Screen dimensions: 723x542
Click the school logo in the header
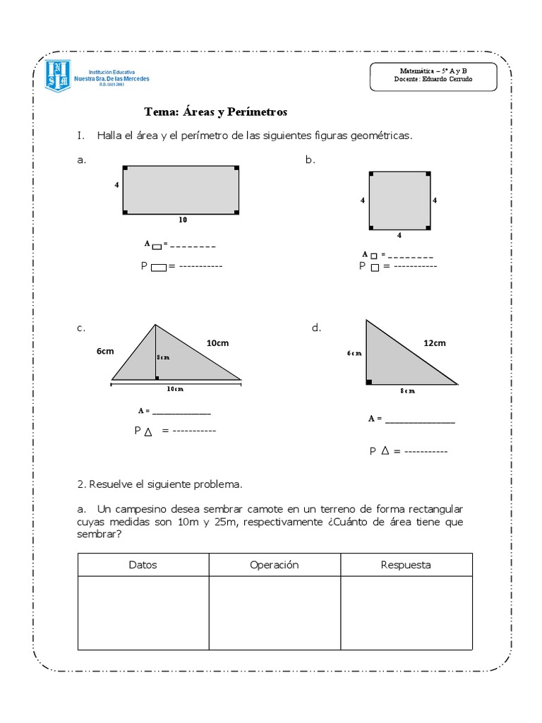57,76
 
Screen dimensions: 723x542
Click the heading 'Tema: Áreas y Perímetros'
215,112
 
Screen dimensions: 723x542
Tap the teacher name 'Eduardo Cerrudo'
448,79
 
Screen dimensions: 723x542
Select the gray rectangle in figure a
181,190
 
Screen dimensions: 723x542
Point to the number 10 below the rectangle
183,220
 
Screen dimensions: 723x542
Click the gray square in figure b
399,200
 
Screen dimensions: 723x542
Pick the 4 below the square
399,234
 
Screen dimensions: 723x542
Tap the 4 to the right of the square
435,201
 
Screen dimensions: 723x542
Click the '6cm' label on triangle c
106,351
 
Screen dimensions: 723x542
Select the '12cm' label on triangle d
434,343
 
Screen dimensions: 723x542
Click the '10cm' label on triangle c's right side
217,343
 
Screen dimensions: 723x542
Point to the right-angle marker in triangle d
368,382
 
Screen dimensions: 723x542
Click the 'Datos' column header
143,565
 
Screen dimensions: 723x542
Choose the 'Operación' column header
275,565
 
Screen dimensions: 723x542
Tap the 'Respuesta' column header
406,565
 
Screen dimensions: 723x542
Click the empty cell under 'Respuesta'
406,612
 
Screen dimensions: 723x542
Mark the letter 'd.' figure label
316,328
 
